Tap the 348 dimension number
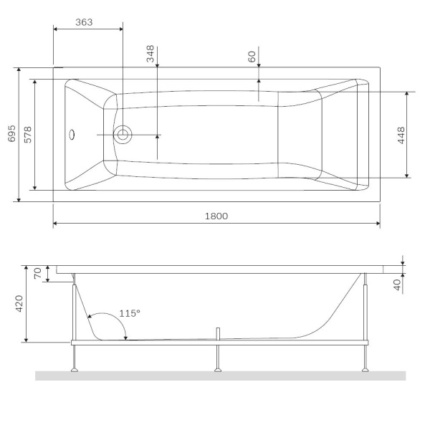click(x=150, y=55)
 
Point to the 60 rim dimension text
click(x=252, y=57)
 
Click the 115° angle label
click(x=130, y=313)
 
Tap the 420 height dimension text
click(x=20, y=303)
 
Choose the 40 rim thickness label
click(x=396, y=284)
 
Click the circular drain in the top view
click(x=123, y=134)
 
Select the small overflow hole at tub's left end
click(x=71, y=133)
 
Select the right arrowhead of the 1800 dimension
click(x=377, y=224)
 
